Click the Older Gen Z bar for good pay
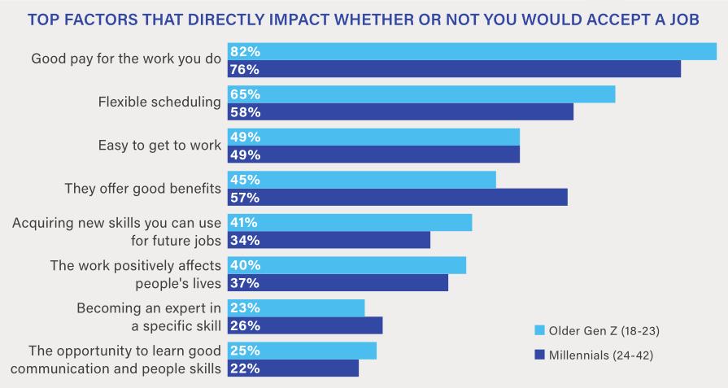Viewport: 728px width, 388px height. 472,51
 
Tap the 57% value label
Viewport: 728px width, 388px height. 244,198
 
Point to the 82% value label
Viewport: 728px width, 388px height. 244,51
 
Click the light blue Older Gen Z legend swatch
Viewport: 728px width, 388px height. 538,330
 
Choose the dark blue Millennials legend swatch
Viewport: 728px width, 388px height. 538,355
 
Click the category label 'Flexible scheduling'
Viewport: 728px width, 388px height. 159,102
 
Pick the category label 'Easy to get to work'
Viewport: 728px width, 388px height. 159,146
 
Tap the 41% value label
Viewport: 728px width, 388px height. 244,222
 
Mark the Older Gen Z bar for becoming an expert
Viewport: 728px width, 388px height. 296,307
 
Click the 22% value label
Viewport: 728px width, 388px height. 244,368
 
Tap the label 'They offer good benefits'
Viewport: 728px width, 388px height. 142,189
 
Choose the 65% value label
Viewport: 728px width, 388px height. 244,94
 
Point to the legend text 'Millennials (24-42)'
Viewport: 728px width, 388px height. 601,355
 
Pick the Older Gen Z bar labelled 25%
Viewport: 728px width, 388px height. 302,351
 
